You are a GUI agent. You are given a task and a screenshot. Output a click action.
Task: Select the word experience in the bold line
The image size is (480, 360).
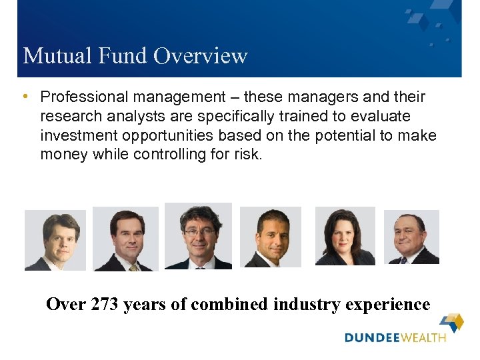(x=391, y=305)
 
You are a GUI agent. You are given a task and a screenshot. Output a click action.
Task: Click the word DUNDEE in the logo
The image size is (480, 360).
(x=370, y=338)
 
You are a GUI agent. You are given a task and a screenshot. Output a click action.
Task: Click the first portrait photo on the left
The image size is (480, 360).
(x=55, y=240)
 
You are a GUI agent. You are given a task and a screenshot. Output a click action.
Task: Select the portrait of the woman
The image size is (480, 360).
(x=345, y=236)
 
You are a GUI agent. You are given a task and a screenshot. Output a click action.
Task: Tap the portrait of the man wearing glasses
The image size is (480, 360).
(x=198, y=236)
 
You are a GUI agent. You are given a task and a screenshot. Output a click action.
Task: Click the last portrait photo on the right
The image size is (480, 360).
(x=411, y=237)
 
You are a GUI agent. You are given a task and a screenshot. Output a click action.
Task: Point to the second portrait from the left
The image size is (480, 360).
(x=125, y=239)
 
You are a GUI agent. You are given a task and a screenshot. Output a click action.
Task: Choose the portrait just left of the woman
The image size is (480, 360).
(x=270, y=237)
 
